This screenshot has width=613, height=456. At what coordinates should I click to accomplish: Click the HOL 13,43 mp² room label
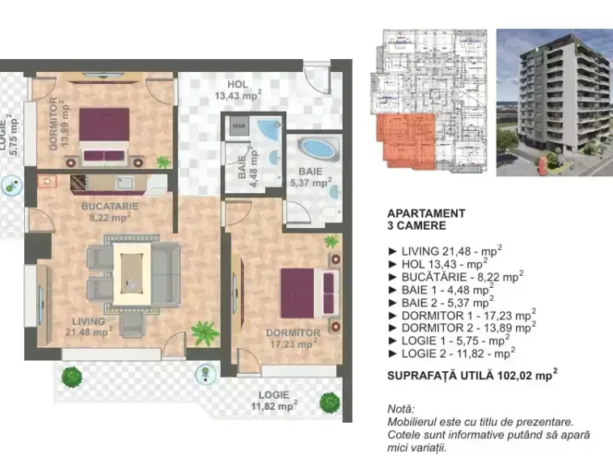238,90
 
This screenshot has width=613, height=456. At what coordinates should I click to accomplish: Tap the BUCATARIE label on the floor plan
110,206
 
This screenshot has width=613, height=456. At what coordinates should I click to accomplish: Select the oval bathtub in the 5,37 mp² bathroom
319,149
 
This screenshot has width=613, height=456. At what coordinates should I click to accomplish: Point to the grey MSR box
239,126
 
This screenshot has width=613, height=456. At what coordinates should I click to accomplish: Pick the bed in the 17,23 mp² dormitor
309,293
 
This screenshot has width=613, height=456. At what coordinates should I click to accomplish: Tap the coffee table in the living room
132,273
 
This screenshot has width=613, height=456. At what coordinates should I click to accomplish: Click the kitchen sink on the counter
125,182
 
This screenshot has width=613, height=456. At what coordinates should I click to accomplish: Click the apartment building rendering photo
554,103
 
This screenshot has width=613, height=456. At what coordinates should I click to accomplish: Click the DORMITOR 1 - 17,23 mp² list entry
462,315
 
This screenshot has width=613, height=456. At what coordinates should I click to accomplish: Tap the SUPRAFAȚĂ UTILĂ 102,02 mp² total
472,374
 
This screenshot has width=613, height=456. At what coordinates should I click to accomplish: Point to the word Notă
401,409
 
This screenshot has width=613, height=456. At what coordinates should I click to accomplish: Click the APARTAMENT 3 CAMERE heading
426,220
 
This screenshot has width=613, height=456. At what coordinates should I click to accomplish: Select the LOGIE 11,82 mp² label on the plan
273,400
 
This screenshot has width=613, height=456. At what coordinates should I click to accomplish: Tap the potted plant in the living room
204,333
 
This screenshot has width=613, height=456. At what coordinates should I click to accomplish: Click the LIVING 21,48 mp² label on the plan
89,327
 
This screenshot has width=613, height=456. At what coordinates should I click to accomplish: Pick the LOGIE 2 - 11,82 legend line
451,353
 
